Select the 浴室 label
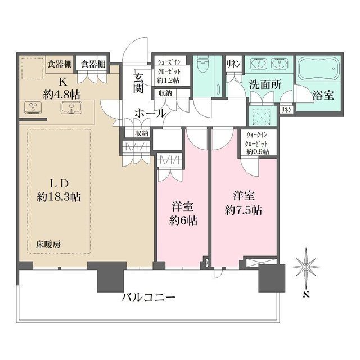pos(323,94)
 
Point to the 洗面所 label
pos(265,87)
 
